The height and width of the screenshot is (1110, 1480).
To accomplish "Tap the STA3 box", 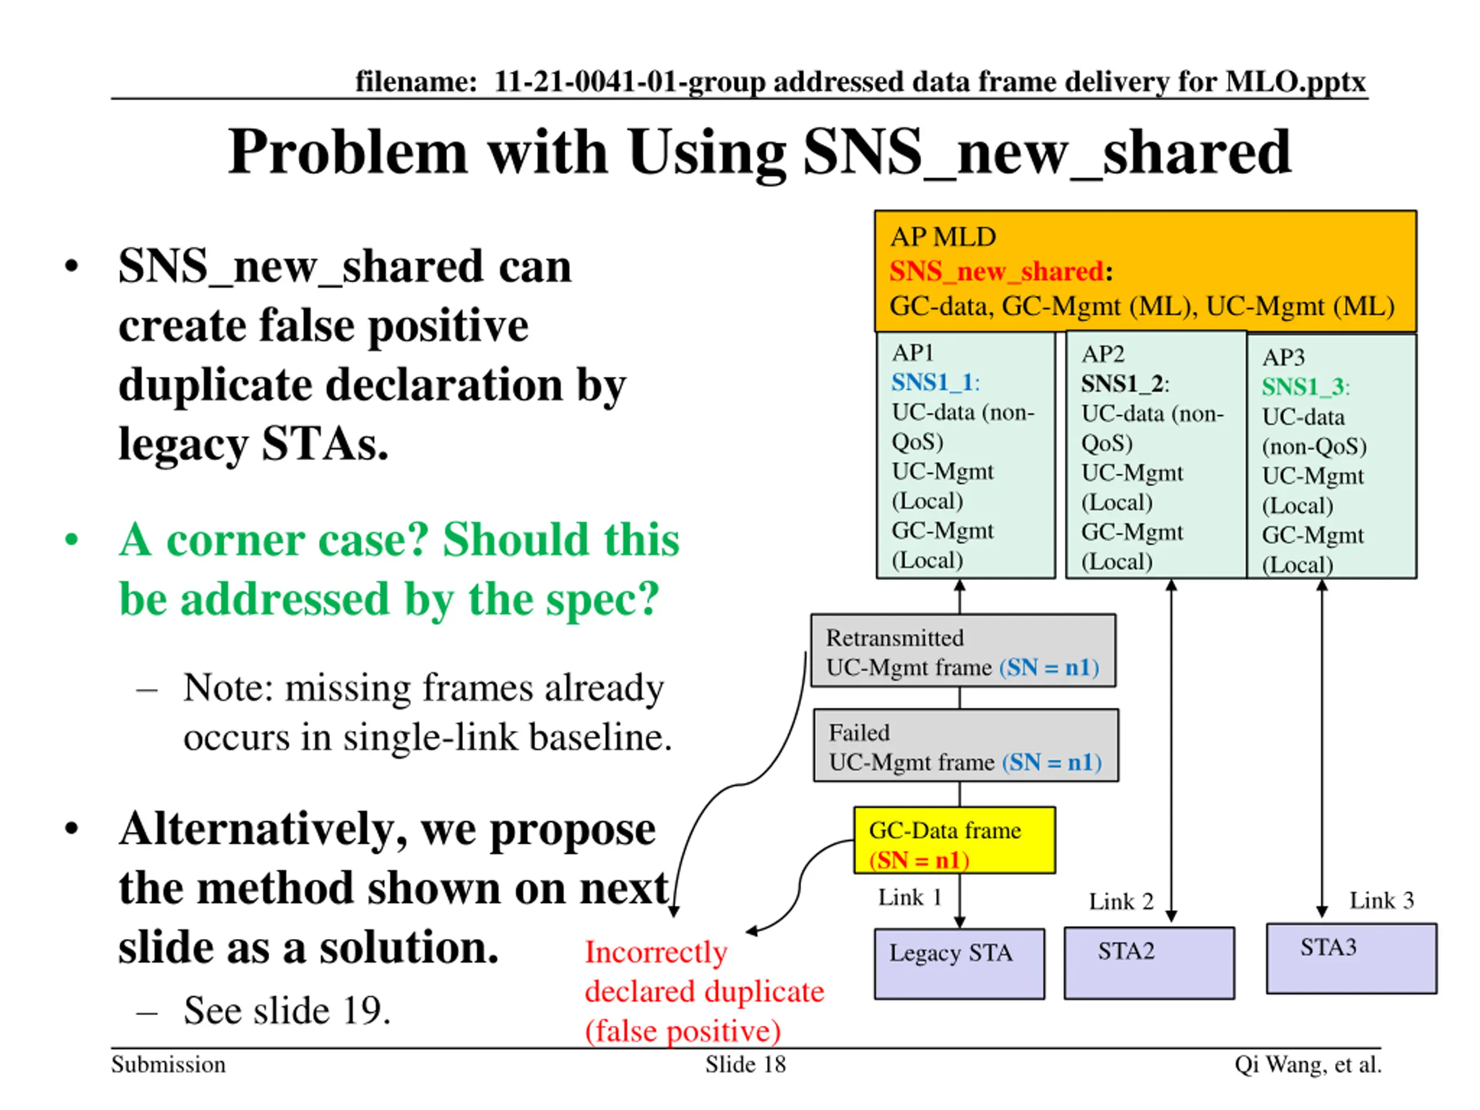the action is coord(1351,958).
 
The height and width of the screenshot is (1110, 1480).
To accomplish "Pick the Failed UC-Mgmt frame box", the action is coord(965,745).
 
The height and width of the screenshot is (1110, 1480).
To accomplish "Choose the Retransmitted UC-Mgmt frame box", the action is coord(963,651).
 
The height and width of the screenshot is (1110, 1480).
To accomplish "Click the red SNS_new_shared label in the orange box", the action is coord(996,271).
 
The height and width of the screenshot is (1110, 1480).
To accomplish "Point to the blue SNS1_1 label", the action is coord(931,382).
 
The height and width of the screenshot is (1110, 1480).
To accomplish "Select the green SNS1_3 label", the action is coord(1302,387).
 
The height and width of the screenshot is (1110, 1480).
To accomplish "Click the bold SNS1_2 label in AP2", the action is coord(1122,383).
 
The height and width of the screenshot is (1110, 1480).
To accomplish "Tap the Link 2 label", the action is coord(1121,901).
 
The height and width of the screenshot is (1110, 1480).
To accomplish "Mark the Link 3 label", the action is coord(1381,900).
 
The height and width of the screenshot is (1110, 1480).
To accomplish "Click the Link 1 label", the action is coord(909,897).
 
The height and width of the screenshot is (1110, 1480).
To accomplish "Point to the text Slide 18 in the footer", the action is coord(745,1064).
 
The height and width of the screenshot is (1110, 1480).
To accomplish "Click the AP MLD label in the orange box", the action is coord(942,237).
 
